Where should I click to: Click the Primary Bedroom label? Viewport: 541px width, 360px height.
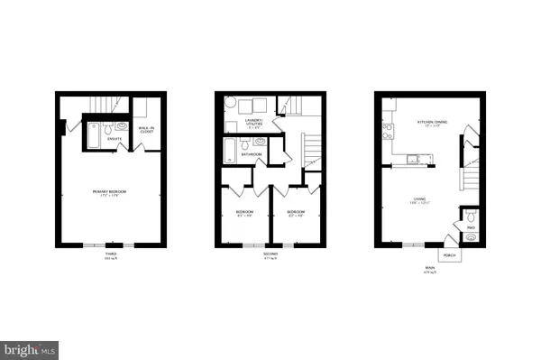[112, 193]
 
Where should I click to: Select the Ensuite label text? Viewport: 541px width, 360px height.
[115, 139]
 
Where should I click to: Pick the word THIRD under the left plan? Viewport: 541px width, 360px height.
[111, 255]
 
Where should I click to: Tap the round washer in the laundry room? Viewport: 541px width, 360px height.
[231, 103]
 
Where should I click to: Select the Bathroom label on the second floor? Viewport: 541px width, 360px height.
[252, 155]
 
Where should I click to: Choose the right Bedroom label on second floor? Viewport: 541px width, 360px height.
[296, 213]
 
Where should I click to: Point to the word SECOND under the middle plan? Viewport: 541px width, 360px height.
[270, 255]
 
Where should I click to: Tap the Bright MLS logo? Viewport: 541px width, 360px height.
[31, 347]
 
